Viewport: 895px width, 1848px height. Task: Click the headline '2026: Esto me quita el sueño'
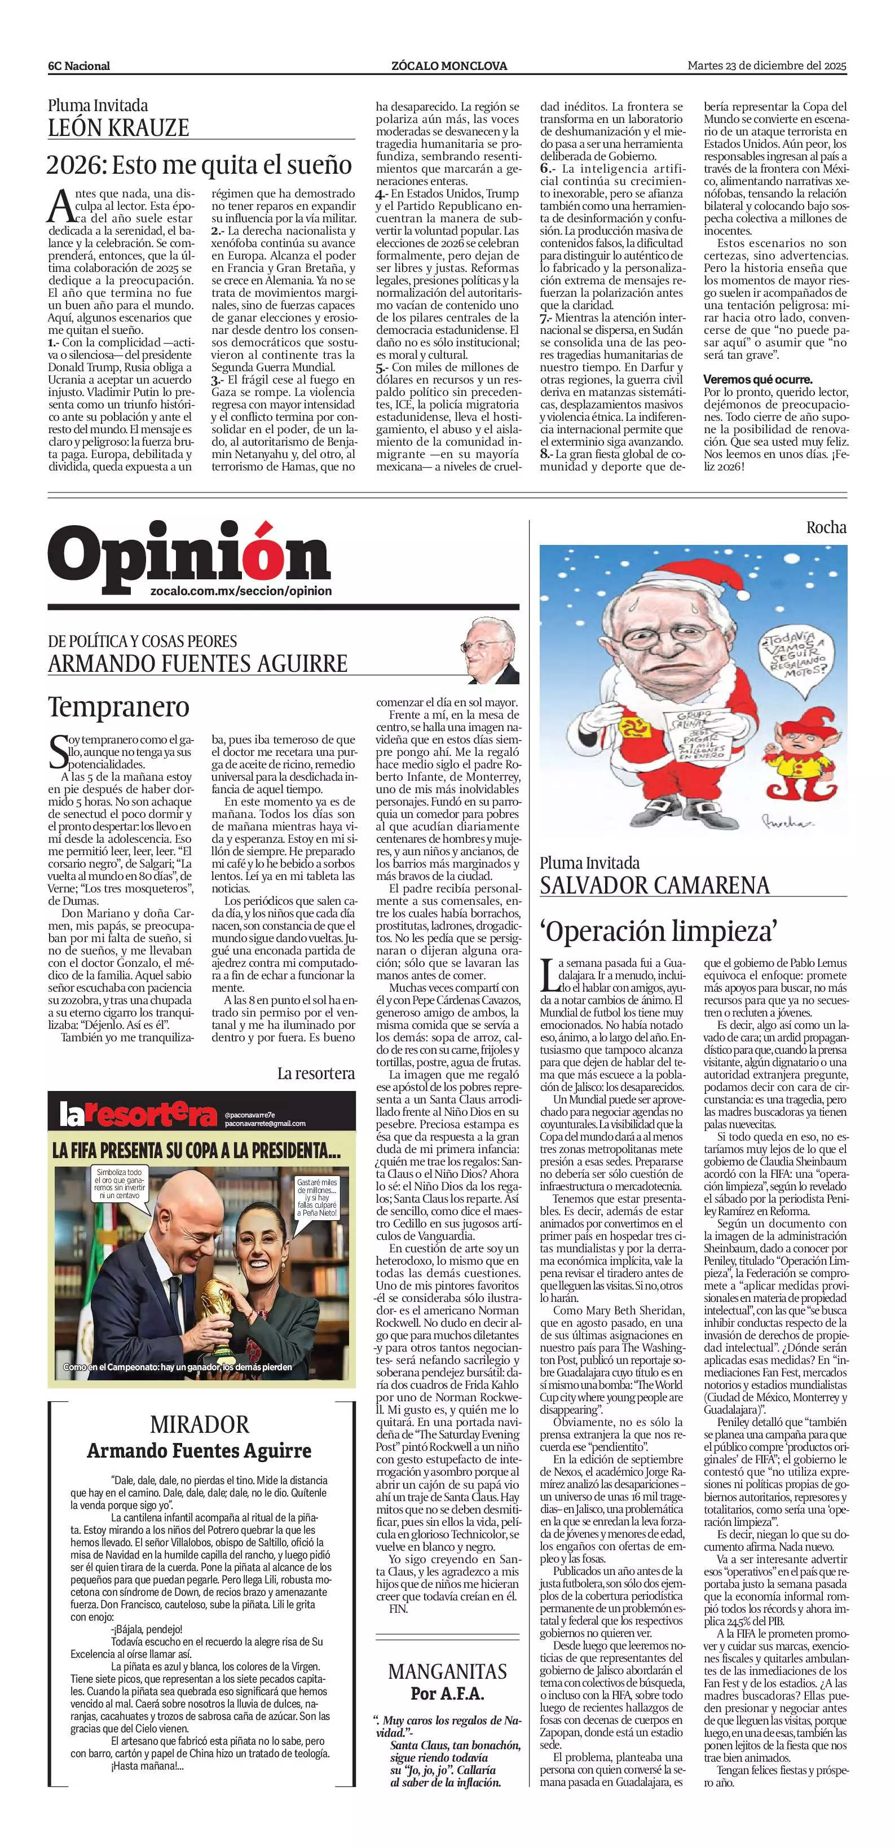click(x=200, y=166)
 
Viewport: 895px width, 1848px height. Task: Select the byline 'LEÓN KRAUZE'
click(x=118, y=127)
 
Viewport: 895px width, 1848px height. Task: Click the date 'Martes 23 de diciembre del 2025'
click(x=766, y=65)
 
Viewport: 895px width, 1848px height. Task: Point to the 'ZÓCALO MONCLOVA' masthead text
click(x=449, y=66)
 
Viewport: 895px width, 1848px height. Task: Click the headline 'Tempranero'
click(x=119, y=707)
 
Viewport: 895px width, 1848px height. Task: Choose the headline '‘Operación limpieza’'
click(x=658, y=931)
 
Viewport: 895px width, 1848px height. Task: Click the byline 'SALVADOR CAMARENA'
click(x=655, y=885)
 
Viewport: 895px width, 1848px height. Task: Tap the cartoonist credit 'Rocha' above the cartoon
click(x=826, y=527)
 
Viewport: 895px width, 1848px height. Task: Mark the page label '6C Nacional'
click(x=79, y=66)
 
